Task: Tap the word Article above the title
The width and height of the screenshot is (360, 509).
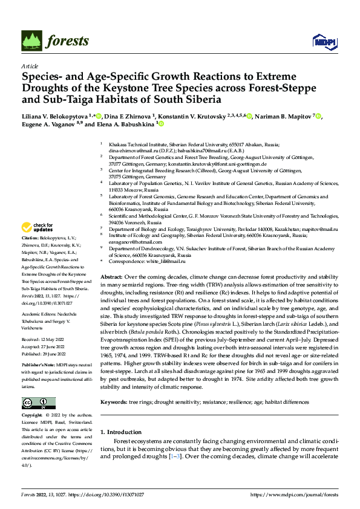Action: [x=29, y=65]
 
